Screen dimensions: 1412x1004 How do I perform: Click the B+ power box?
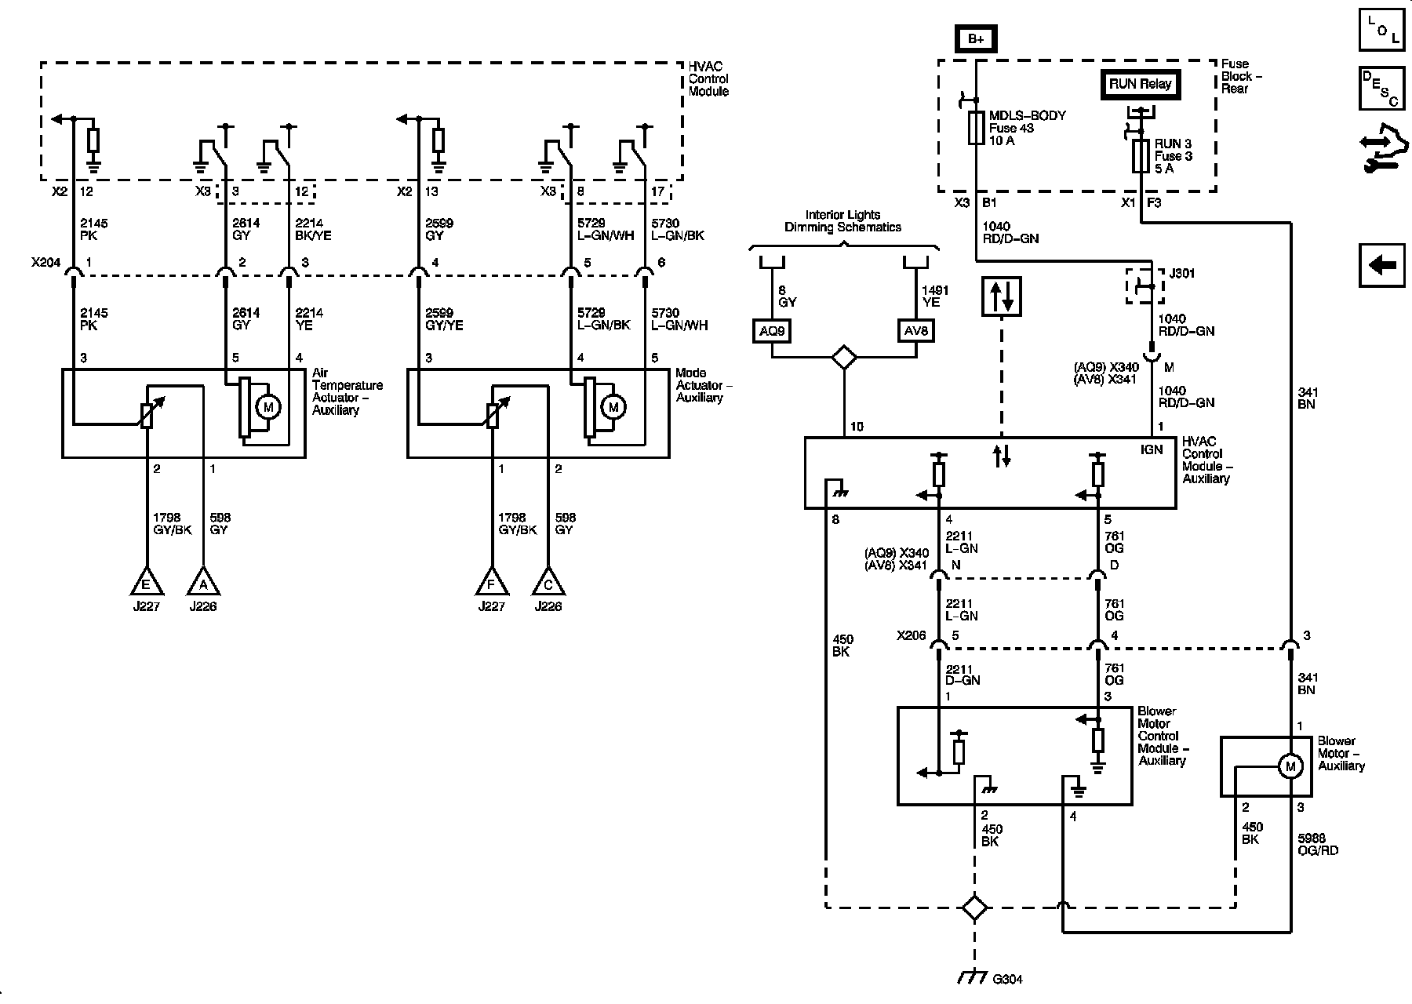pos(975,39)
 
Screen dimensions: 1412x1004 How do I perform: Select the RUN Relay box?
pos(1140,84)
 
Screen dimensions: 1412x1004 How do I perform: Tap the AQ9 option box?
pos(771,331)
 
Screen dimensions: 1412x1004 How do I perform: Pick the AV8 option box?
pos(915,331)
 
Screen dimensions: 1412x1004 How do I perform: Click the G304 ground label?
pos(1007,979)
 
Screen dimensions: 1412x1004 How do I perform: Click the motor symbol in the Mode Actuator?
pos(613,406)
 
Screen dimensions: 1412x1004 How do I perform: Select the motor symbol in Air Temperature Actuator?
pos(269,406)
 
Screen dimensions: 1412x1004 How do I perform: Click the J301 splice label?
pos(1182,274)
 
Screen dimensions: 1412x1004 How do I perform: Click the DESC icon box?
pos(1382,88)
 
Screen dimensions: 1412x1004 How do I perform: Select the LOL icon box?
pos(1382,30)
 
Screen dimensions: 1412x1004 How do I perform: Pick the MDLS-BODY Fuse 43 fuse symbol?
pos(976,128)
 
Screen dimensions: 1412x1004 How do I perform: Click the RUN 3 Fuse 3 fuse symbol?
pos(1141,156)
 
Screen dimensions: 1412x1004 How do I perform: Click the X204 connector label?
pos(46,264)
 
